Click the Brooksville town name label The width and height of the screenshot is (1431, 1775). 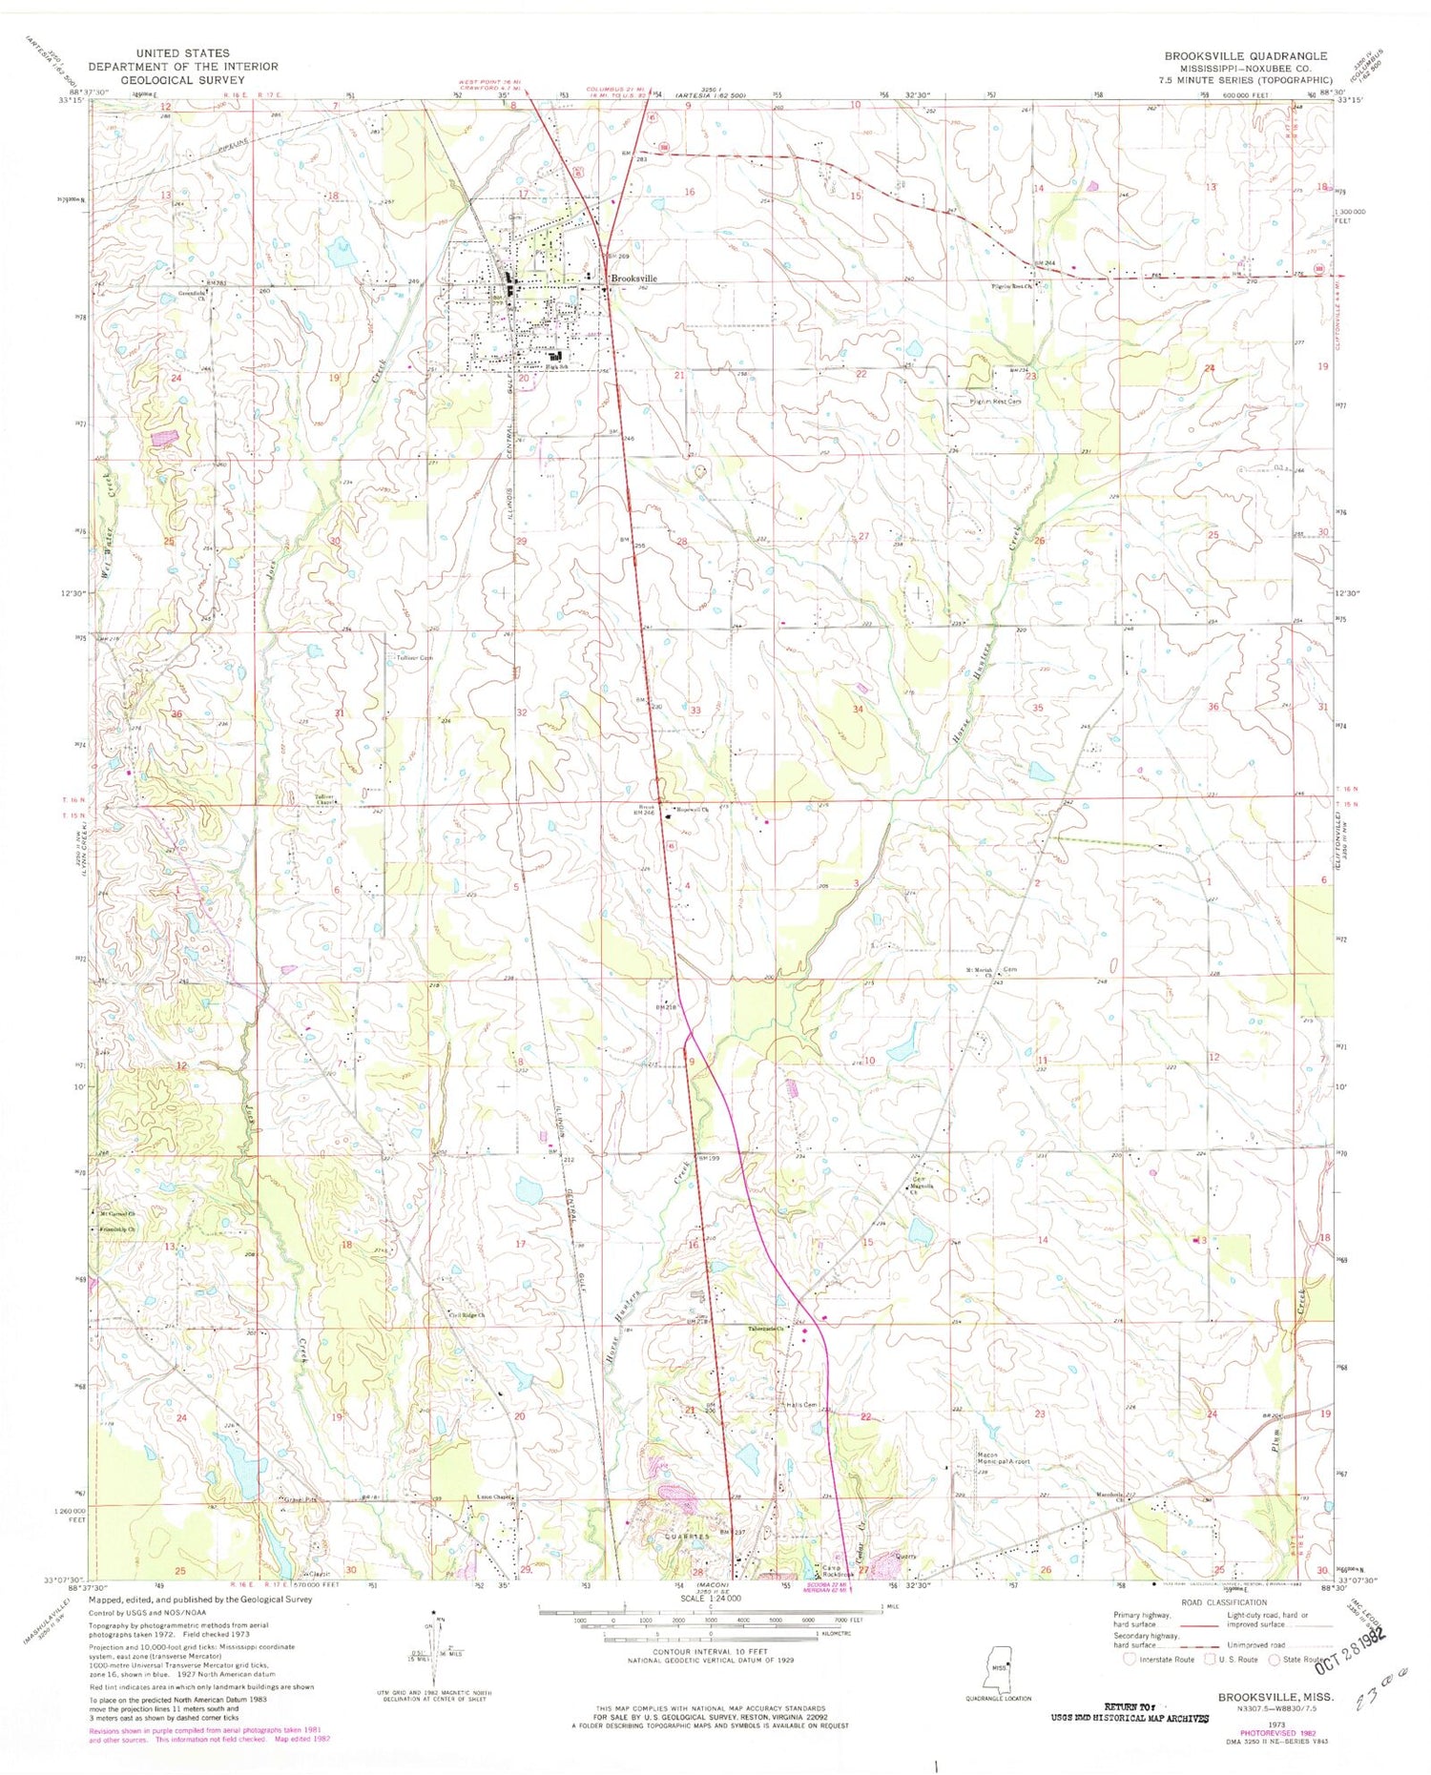(x=633, y=279)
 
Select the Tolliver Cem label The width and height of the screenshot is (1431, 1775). (x=414, y=658)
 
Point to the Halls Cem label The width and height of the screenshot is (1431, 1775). (x=800, y=1405)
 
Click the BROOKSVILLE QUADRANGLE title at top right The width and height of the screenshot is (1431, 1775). (x=1245, y=56)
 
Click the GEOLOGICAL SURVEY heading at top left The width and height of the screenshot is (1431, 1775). (x=183, y=80)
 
